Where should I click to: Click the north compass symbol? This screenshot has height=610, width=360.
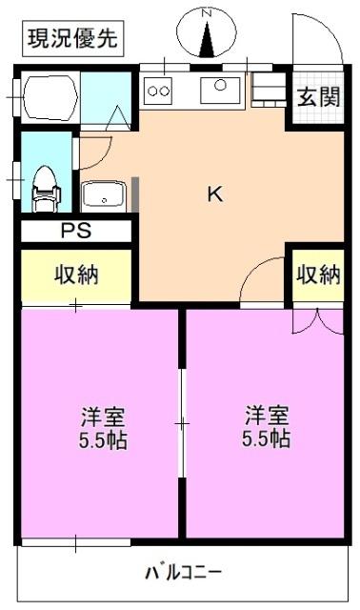coord(206,32)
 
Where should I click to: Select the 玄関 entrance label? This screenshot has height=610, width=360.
coord(317,95)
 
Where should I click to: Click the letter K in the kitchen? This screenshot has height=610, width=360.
coord(215,194)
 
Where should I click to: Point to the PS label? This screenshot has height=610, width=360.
coord(72,230)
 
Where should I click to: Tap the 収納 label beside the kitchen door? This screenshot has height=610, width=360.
coord(318,274)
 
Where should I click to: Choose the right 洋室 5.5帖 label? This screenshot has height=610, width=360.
coord(268,429)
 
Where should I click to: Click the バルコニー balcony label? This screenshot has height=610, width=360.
coord(183,574)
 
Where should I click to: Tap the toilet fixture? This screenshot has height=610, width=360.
coord(45,188)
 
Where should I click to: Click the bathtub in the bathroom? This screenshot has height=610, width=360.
coord(50,98)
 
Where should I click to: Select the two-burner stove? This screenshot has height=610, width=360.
coord(158,91)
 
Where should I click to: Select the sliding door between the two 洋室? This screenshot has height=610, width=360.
coord(181,421)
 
